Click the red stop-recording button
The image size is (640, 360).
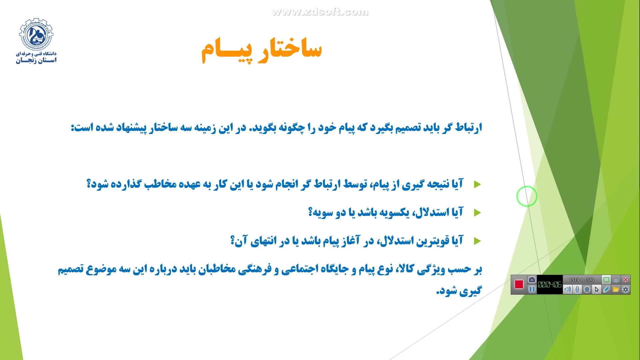[519, 284]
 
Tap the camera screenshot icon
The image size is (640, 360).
[532, 280]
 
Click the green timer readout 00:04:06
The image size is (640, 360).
[550, 285]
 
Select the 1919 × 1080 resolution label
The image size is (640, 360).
[582, 280]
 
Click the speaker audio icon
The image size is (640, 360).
[568, 289]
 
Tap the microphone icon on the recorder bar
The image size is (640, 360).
[577, 289]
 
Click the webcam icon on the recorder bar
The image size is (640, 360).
[587, 289]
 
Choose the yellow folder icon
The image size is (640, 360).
[616, 289]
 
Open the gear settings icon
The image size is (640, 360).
[625, 289]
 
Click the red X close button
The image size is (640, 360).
[626, 280]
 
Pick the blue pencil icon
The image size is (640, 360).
[606, 289]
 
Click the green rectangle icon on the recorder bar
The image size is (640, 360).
[606, 280]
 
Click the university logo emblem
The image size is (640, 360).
[36, 34]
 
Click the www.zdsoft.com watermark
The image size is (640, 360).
[320, 12]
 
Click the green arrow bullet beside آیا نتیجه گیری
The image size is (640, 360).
[477, 184]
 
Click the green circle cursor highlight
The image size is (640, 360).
[527, 196]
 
